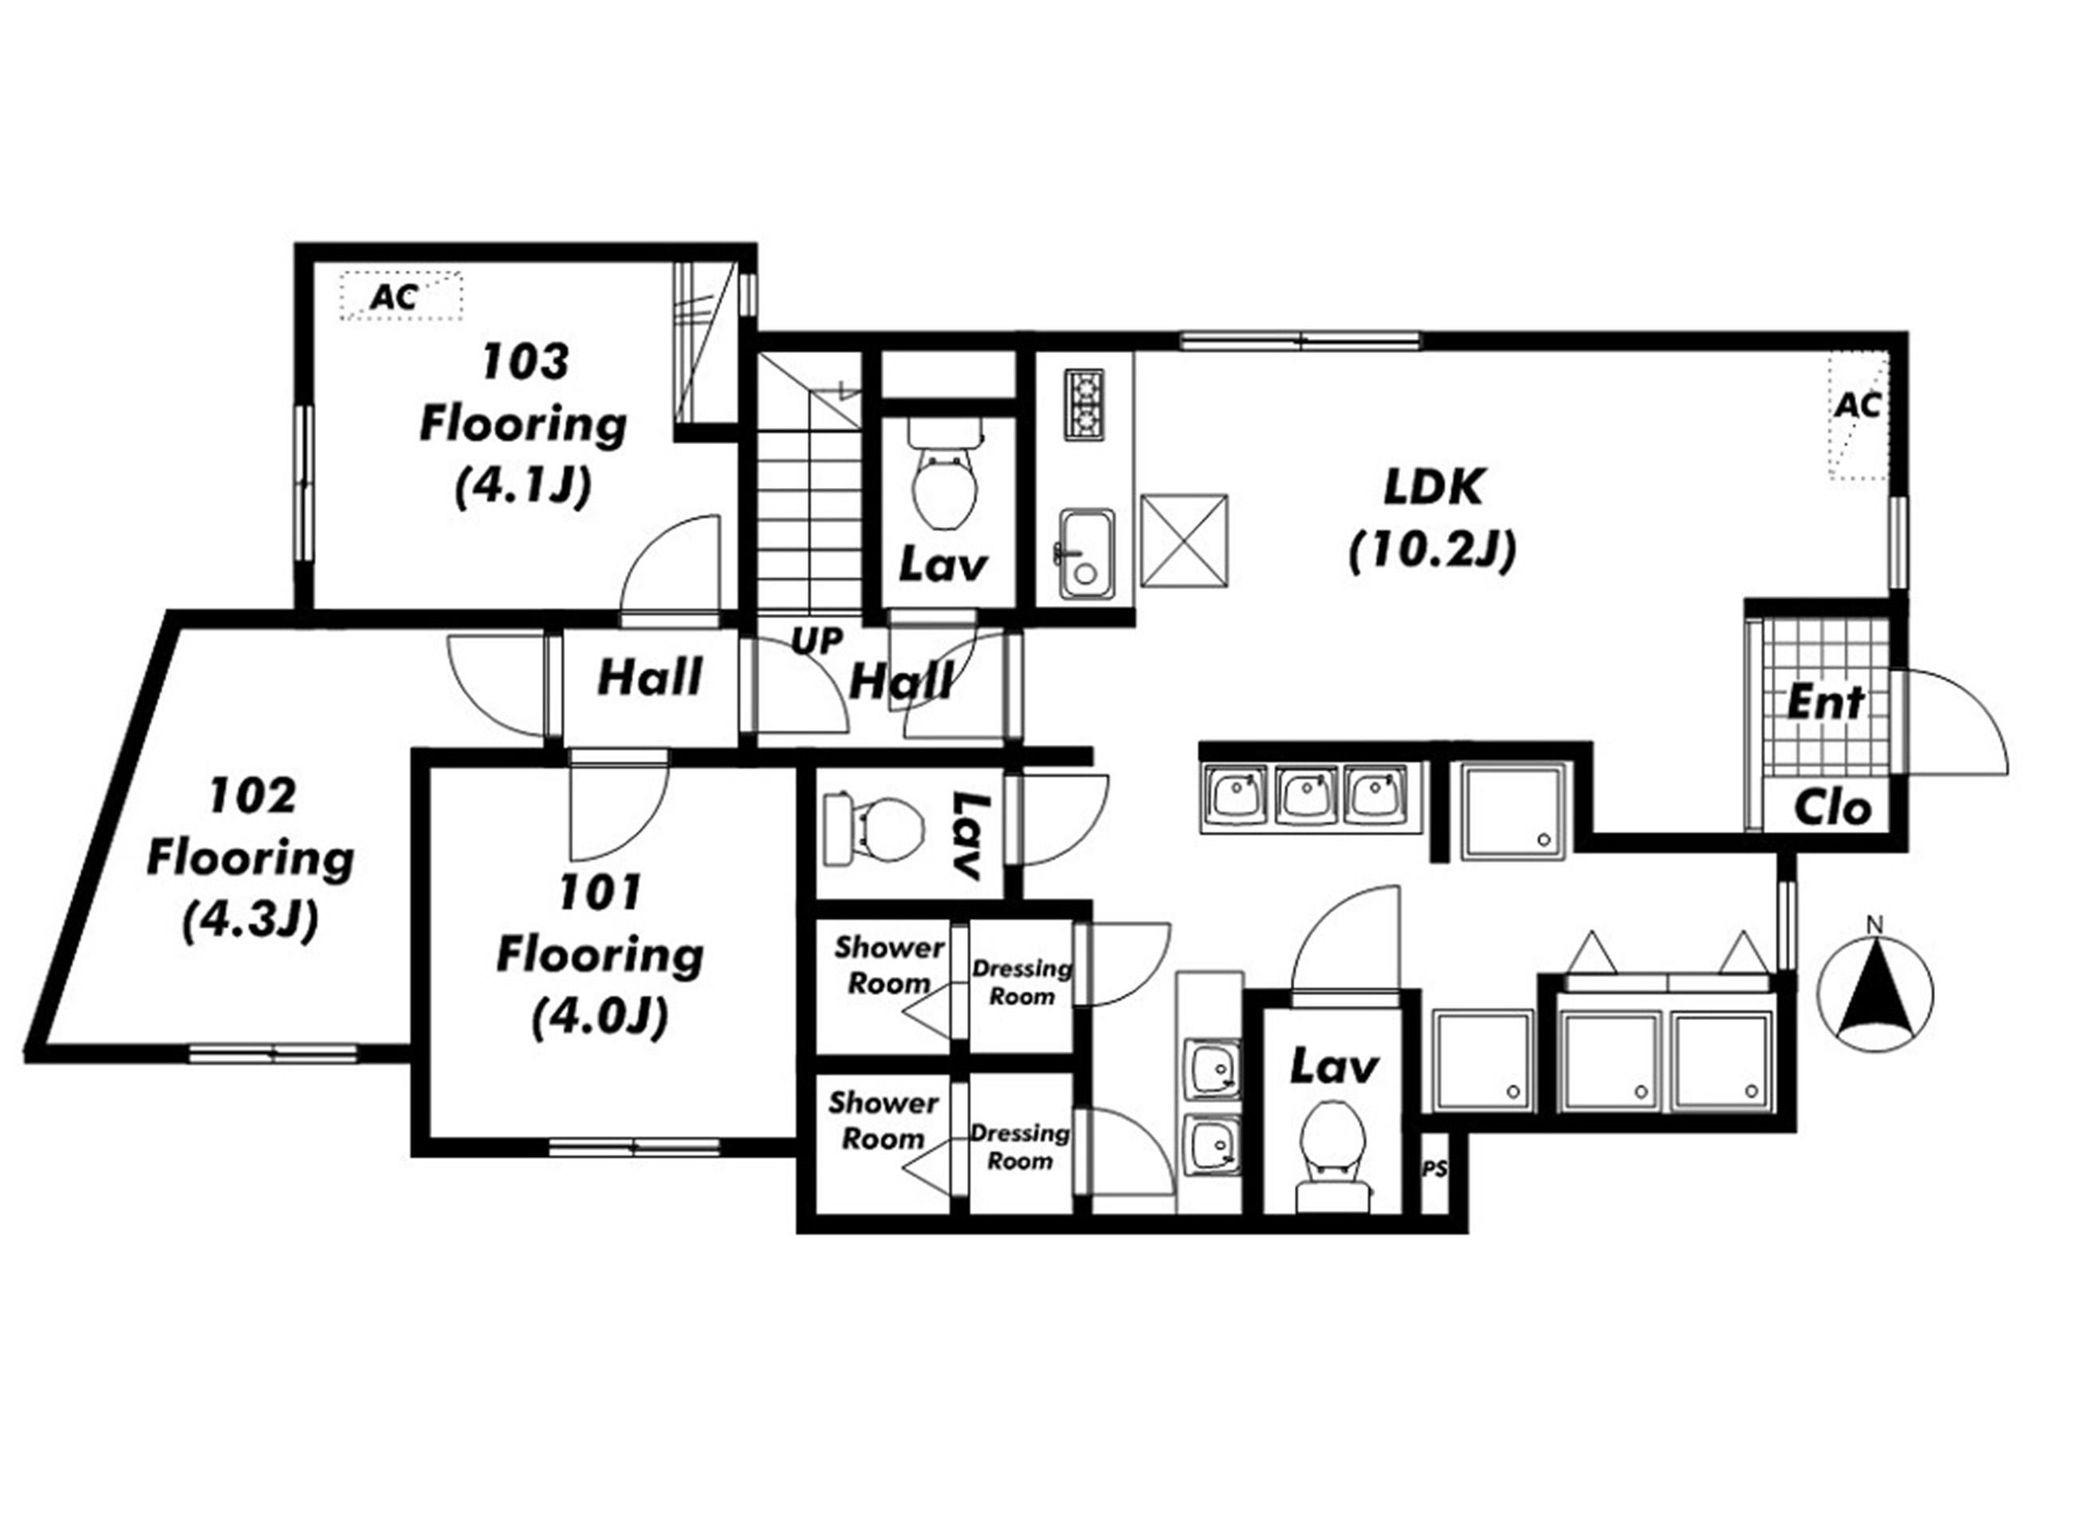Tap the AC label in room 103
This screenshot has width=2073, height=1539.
394,297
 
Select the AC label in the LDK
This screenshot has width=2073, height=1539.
1859,405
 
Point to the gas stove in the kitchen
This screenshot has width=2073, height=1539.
1085,405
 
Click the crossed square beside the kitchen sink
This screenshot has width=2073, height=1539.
1185,541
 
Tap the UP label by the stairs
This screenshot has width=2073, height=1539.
816,641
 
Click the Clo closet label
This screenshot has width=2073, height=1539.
1833,809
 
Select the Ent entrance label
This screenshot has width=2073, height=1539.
1825,703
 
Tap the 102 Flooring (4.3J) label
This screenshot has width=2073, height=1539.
250,859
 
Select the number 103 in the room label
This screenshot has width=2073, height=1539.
525,361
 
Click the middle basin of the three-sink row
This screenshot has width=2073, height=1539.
1308,796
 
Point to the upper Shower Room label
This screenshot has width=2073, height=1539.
887,965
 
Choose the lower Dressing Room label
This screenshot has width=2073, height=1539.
1020,1147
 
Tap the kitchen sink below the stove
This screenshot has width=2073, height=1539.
1085,553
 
